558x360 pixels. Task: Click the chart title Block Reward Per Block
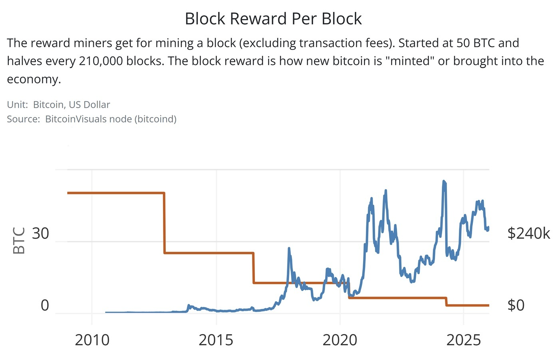(273, 19)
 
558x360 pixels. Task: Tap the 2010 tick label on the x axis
(92, 340)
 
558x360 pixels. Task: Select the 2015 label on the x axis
(216, 340)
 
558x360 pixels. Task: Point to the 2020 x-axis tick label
(340, 340)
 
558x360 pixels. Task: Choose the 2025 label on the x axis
(463, 340)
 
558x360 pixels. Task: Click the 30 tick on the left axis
(40, 233)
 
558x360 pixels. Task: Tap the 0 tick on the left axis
(45, 305)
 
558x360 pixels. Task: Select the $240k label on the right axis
(528, 233)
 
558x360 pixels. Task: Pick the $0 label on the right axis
(516, 305)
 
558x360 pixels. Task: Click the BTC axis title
(19, 240)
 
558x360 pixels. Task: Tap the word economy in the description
(34, 79)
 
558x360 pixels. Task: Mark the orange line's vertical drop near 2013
(164, 223)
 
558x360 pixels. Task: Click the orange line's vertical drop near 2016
(253, 268)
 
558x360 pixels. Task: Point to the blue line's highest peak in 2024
(444, 182)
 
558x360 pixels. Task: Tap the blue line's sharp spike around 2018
(289, 249)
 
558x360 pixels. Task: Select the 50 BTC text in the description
(476, 43)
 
